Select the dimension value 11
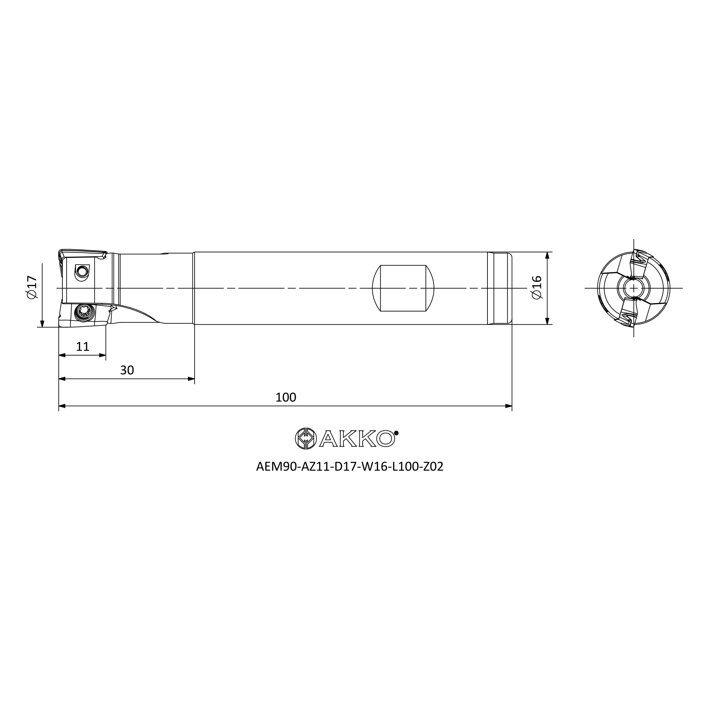coord(83,346)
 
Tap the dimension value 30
coord(127,370)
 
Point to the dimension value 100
coord(285,397)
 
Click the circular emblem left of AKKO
coord(306,438)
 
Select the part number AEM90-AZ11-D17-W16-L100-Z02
coord(350,467)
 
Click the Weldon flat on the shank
coord(403,288)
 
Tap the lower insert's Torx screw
coord(84,312)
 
